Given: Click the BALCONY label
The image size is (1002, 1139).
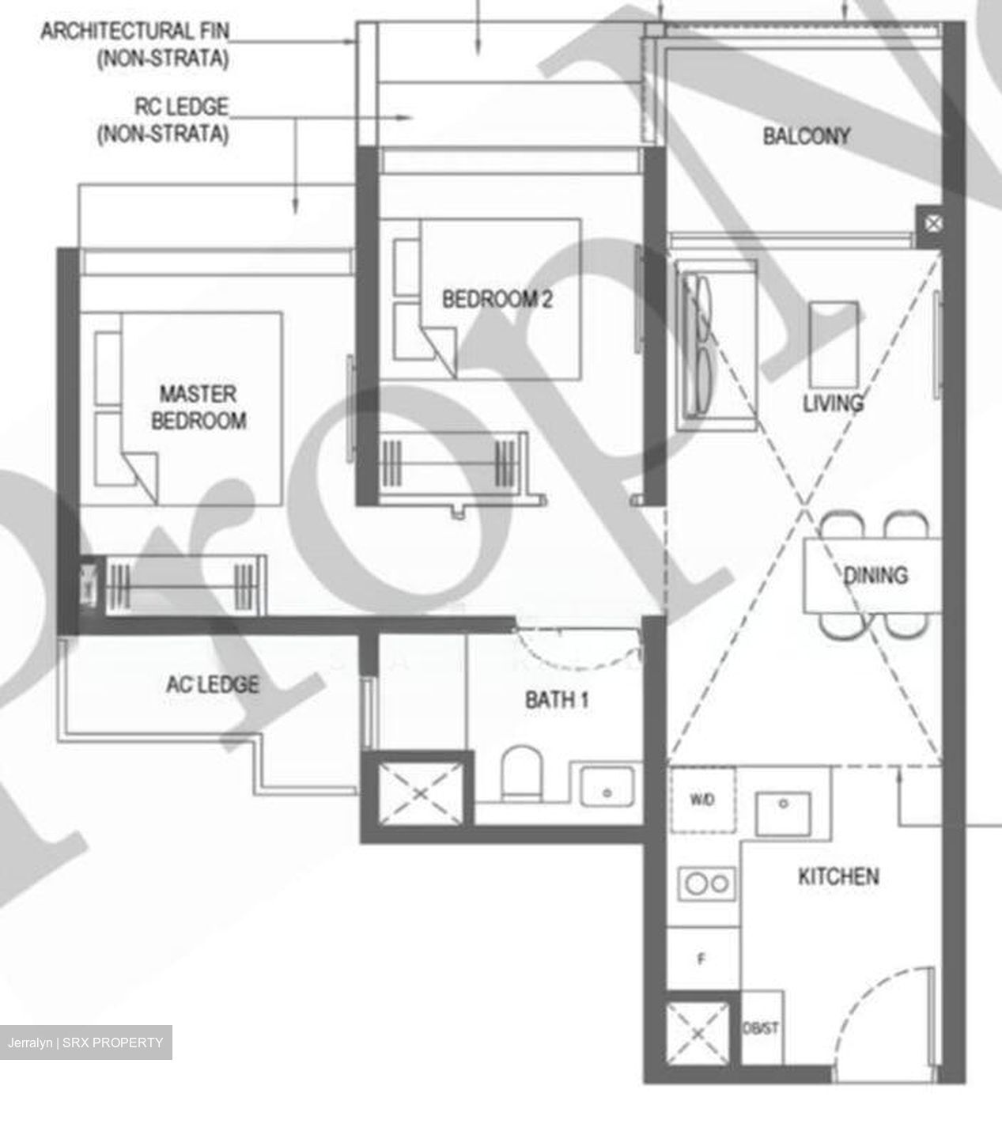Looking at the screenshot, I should click(806, 136).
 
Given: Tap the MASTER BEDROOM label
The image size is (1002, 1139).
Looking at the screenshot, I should click(198, 407).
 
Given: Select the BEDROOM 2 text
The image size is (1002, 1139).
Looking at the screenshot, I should click(497, 299).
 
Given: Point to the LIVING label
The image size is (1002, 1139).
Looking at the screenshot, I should click(832, 403).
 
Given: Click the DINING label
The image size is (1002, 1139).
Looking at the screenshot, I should click(875, 575).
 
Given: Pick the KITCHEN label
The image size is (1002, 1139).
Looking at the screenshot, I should click(838, 876).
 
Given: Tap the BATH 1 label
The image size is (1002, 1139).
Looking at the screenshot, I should click(557, 699).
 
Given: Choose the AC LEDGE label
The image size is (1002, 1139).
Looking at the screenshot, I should click(212, 684).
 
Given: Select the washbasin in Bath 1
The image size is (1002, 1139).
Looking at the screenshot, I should click(607, 787).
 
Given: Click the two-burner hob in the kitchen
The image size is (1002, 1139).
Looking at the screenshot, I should click(707, 883).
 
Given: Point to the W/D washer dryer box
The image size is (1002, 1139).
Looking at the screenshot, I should click(702, 800).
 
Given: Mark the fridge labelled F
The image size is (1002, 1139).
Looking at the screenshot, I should click(701, 959).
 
